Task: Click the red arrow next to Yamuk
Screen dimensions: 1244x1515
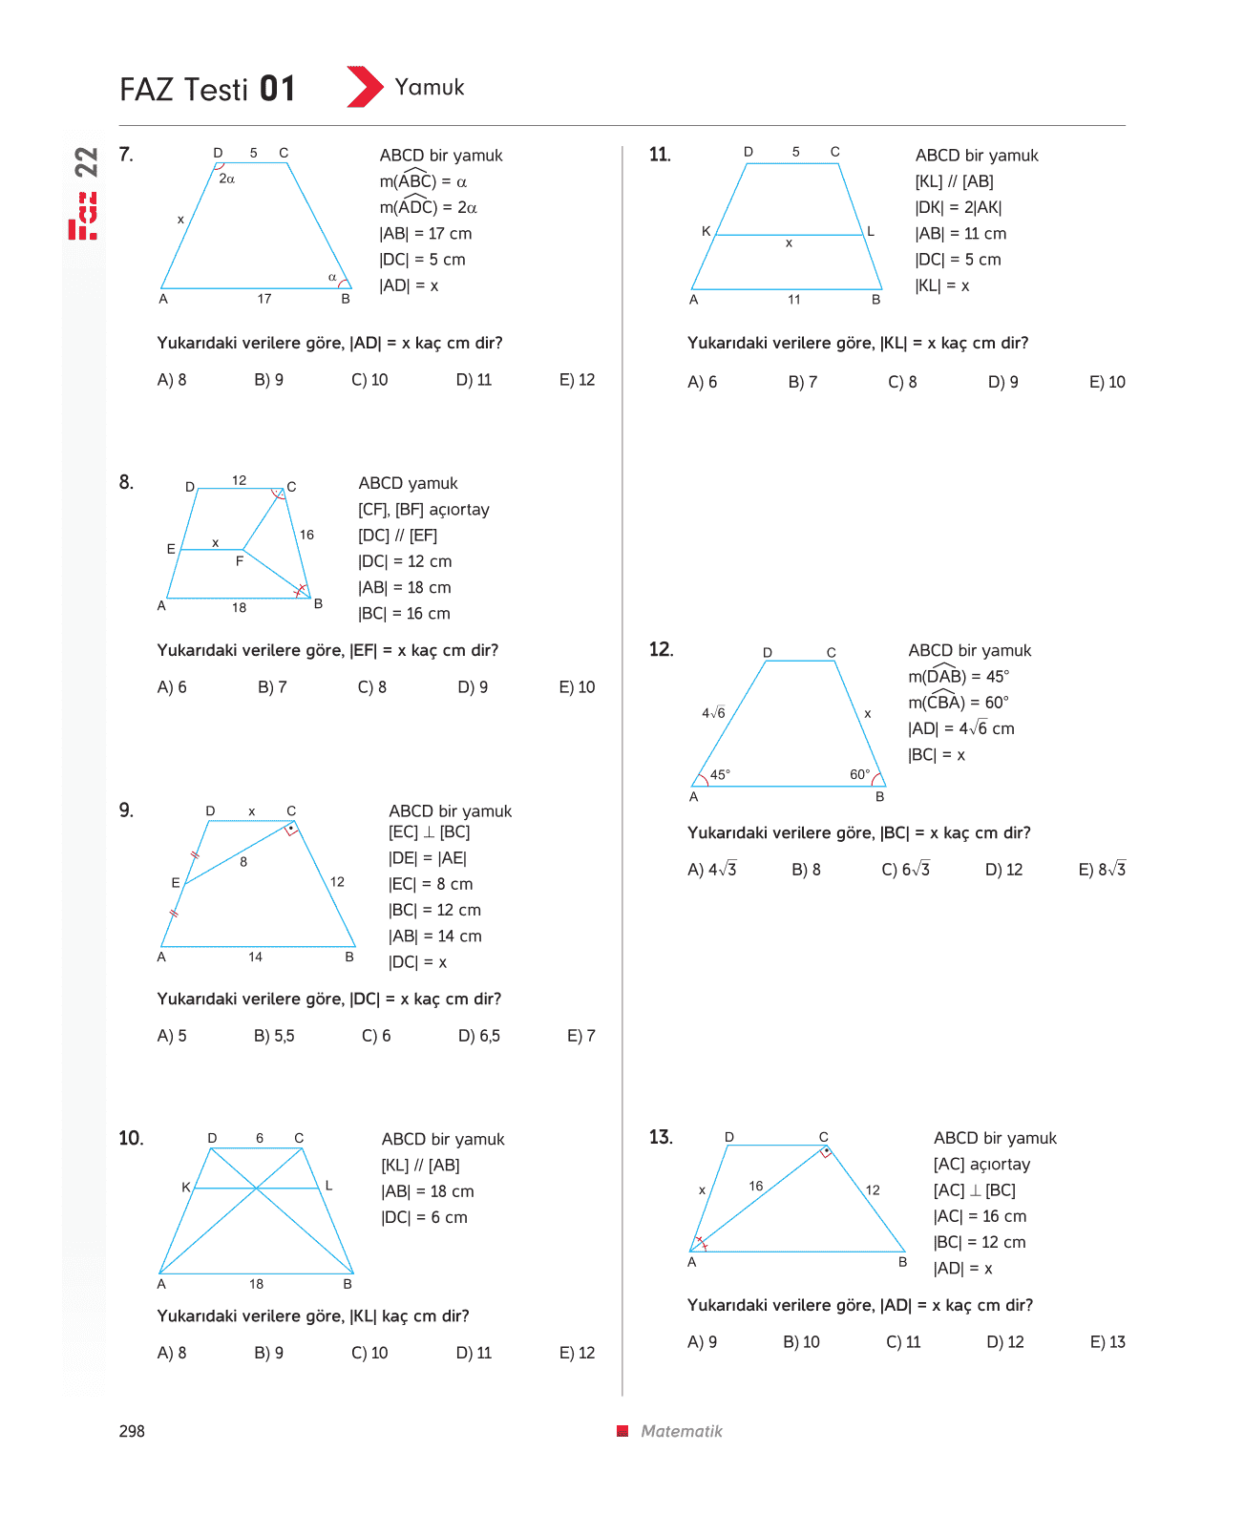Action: (x=365, y=87)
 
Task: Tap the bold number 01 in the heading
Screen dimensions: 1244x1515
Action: (x=277, y=89)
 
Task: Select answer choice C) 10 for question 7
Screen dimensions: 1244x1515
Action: (x=369, y=380)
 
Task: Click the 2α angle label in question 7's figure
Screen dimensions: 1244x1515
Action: (x=226, y=179)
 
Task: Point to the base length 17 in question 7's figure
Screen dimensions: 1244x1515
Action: (x=264, y=298)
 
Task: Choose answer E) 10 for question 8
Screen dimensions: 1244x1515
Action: (x=577, y=687)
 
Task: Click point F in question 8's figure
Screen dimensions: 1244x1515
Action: (x=240, y=561)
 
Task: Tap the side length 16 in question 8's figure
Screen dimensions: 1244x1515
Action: (x=306, y=535)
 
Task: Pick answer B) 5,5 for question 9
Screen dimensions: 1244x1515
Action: (x=274, y=1036)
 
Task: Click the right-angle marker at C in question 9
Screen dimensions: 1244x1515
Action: (x=291, y=830)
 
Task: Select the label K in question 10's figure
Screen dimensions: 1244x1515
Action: (x=186, y=1187)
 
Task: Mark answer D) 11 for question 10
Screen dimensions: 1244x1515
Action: (x=474, y=1353)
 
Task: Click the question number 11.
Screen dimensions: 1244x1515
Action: (x=660, y=155)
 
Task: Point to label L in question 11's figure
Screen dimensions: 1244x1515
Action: (x=871, y=231)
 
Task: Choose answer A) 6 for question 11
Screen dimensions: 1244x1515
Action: (x=702, y=382)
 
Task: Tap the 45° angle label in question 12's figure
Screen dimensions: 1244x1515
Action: (x=720, y=774)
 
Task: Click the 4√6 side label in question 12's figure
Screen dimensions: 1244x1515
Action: (x=713, y=712)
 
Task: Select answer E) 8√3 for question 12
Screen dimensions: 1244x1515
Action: (x=1102, y=870)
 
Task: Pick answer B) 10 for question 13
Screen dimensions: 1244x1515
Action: (x=801, y=1342)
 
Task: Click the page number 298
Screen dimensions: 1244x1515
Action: (x=132, y=1431)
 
